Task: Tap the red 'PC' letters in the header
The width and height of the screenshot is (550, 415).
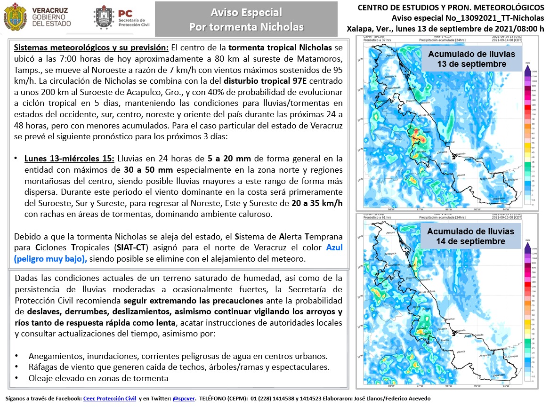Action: coord(125,14)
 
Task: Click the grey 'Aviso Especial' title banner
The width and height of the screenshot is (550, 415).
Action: coord(246,19)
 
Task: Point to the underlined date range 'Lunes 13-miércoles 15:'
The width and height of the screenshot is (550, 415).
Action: coord(69,159)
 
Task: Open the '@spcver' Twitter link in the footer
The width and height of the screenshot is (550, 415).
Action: coord(182,399)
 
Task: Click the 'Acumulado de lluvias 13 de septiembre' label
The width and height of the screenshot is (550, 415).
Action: coord(471,59)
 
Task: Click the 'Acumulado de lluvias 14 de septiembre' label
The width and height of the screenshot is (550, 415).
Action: coord(471,236)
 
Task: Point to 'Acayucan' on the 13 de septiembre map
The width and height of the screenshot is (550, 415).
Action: coord(486,179)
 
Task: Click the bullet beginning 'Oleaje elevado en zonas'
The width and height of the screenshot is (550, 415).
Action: coord(98,378)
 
